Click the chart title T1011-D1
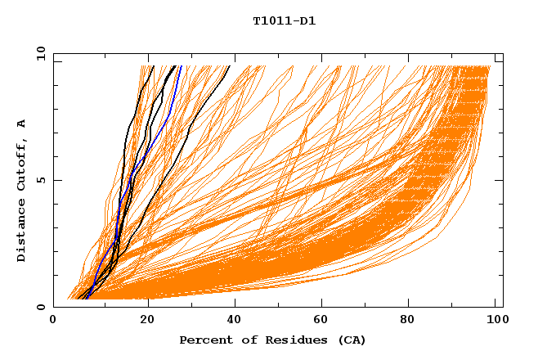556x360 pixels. [284, 21]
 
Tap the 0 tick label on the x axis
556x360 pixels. [53, 321]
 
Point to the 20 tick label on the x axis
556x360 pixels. [147, 321]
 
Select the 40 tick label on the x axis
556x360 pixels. [235, 321]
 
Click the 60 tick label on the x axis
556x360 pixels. [324, 321]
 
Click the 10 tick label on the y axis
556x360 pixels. [40, 53]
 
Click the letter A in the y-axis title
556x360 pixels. [21, 123]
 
